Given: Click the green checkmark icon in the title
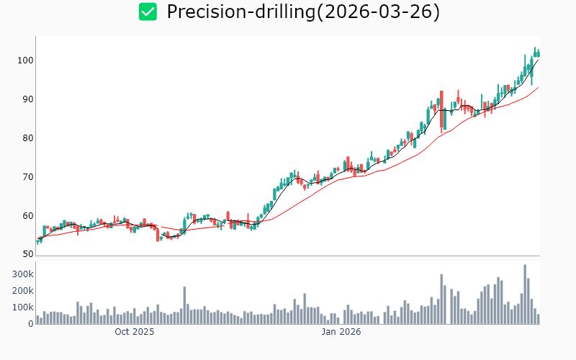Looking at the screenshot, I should pos(148,12).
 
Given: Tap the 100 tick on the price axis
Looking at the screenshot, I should pos(25,60).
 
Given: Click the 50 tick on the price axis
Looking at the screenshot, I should pos(27,255).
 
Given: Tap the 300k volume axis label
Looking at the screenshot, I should pos(22,274).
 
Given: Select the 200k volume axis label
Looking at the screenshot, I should pos(22,291).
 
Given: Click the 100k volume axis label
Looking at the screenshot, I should pos(22,307).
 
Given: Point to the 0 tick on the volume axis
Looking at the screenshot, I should pos(30,324).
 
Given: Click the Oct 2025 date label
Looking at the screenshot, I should pos(135,333).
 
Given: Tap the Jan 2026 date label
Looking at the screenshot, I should pos(341,333).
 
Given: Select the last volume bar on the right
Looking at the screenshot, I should pos(538,319).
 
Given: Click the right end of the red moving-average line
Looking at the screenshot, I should pos(538,88).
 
